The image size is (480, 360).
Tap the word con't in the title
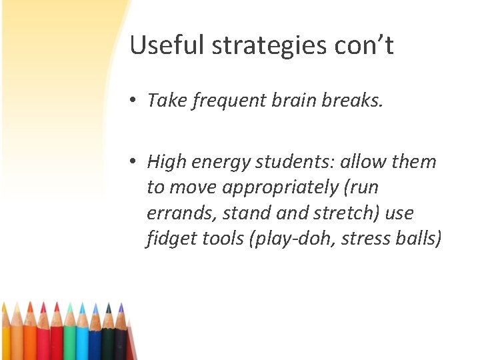click(366, 45)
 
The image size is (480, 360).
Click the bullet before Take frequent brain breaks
click(134, 100)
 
